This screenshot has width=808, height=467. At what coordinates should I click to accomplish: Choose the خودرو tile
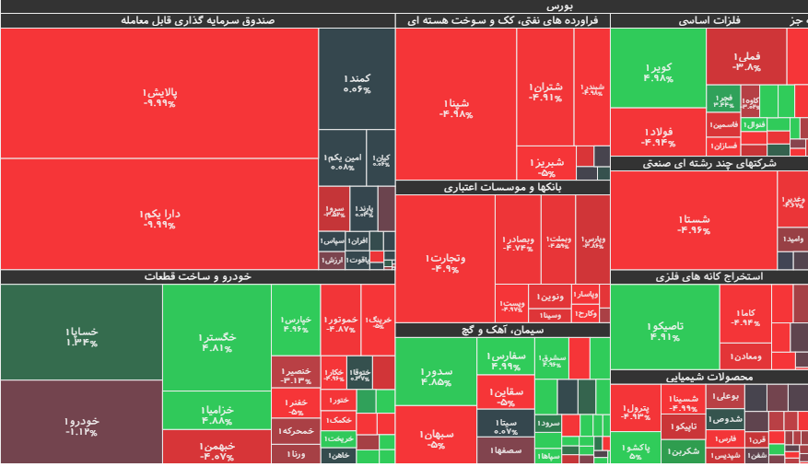coord(81,423)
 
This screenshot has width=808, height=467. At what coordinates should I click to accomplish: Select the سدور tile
coord(435,376)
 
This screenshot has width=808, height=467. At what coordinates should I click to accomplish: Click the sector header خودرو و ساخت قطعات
coord(197,276)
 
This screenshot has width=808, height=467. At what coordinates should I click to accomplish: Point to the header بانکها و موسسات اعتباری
coord(503,188)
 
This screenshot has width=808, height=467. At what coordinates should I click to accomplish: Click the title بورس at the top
coord(404,6)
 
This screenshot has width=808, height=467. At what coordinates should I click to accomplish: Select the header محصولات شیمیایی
coord(708,377)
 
